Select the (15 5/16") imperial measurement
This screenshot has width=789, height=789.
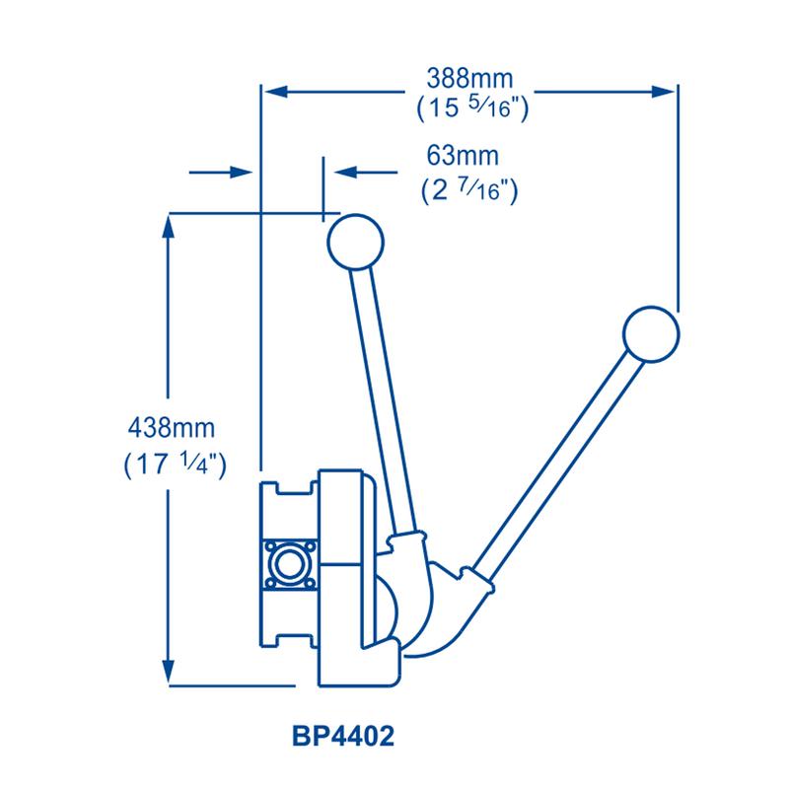[468, 108]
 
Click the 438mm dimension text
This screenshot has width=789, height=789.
[172, 429]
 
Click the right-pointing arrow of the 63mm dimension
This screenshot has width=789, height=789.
[243, 172]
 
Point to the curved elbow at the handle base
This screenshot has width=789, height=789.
[439, 611]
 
